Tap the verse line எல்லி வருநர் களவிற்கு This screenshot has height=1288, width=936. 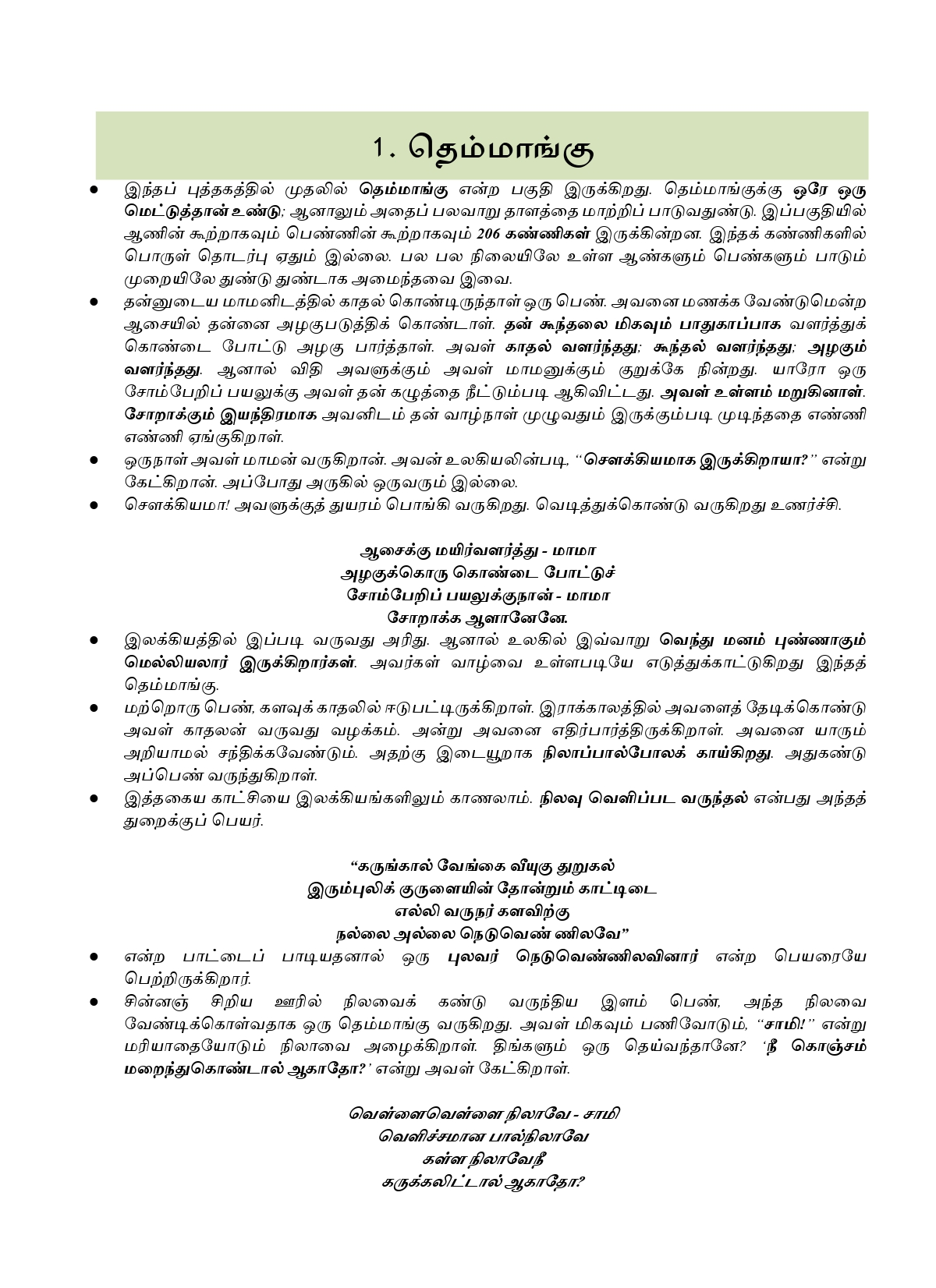[x=481, y=911]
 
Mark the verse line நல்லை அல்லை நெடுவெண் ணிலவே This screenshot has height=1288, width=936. [x=481, y=933]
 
